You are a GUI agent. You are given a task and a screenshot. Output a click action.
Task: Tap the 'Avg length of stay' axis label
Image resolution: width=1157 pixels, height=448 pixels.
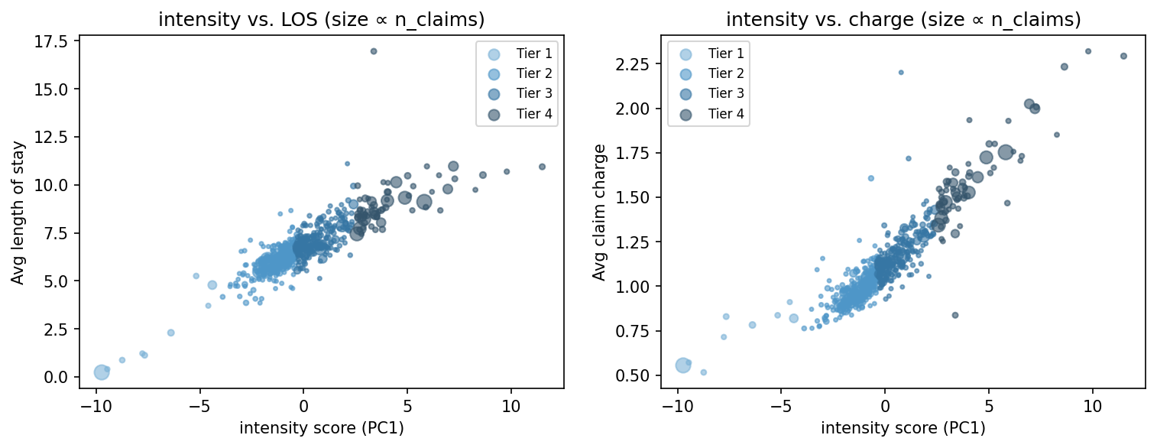pos(18,212)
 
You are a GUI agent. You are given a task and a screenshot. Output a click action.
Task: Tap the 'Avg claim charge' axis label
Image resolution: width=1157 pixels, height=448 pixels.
pos(600,212)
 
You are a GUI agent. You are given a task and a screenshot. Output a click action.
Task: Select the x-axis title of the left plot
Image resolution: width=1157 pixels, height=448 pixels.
pos(321,428)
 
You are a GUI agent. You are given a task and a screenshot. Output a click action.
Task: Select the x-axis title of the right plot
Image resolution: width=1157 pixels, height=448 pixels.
pos(903,428)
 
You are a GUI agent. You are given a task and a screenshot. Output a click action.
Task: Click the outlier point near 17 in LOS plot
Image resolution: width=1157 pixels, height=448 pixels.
pos(374,51)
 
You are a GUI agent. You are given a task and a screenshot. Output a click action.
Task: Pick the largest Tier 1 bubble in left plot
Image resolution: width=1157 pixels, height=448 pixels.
pos(101,372)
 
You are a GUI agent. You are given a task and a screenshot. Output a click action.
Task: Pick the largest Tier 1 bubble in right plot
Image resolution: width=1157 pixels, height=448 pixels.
pos(683,365)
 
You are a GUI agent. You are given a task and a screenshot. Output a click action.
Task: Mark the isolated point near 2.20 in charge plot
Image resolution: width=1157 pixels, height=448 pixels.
pos(900,73)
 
